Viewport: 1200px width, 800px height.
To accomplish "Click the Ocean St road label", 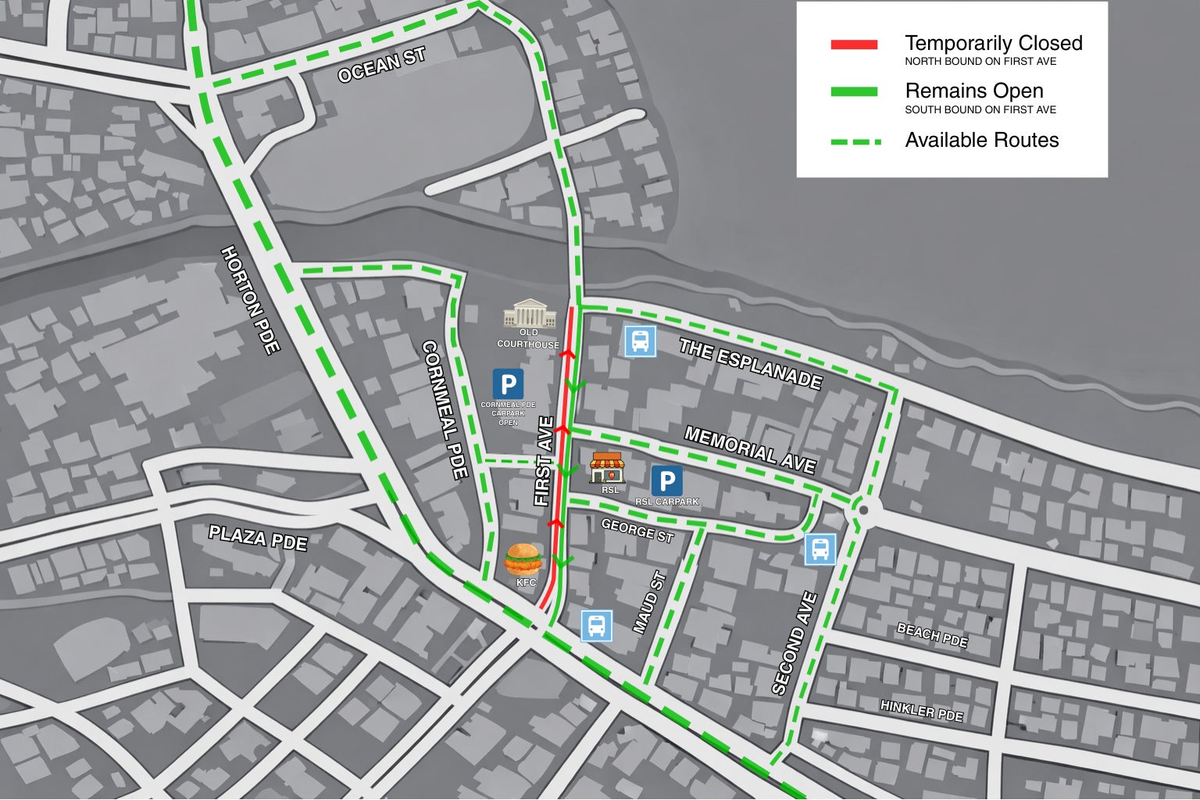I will (x=381, y=64).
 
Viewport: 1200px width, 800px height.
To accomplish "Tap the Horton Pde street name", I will (x=250, y=300).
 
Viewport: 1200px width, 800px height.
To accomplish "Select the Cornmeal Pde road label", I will (x=445, y=409).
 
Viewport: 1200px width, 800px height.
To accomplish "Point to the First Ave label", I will (x=544, y=461).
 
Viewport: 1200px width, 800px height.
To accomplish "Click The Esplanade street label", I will (x=750, y=363).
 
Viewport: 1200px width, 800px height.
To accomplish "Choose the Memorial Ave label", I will (x=750, y=449).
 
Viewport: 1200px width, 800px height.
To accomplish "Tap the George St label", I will (x=637, y=530).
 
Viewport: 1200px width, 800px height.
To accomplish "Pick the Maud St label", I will (x=649, y=602).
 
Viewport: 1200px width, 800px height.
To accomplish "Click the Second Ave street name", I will (x=794, y=643).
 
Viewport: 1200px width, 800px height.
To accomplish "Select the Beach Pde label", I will (x=932, y=635).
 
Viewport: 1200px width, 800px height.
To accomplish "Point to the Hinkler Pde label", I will (x=922, y=710).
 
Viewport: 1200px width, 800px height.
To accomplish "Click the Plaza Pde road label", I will (x=258, y=538).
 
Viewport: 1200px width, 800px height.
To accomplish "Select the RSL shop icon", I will (x=606, y=467).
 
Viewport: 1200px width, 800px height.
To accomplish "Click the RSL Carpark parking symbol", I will (x=666, y=481).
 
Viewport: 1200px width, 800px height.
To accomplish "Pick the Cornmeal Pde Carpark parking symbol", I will (x=508, y=384).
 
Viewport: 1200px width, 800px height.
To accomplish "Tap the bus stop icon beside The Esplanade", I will (x=639, y=341).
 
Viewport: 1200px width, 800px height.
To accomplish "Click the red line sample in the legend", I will (x=854, y=45).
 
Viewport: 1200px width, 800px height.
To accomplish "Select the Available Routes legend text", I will (x=981, y=141).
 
